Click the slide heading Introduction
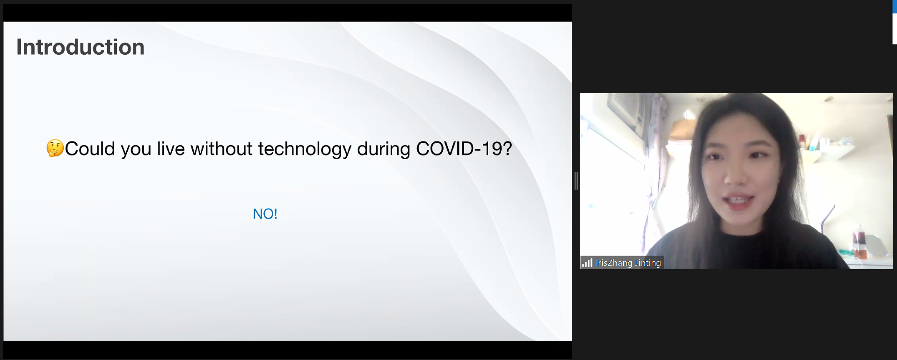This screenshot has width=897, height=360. (x=80, y=47)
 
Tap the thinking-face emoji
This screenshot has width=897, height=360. (x=55, y=148)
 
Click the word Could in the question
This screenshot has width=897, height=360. (x=90, y=149)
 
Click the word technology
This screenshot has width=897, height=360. (x=305, y=150)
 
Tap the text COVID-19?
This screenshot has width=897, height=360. (x=464, y=149)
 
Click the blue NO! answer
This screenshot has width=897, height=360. (x=265, y=214)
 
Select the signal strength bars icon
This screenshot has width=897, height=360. (x=587, y=263)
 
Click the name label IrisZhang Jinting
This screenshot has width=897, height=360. (x=628, y=263)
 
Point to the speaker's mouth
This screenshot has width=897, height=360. (x=737, y=201)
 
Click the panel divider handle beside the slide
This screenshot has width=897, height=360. (x=576, y=181)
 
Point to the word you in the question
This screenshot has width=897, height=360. (x=136, y=150)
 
